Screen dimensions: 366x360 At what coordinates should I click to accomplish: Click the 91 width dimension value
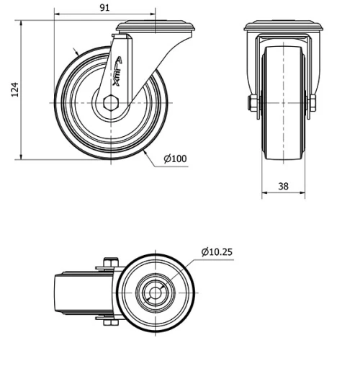[x=104, y=8]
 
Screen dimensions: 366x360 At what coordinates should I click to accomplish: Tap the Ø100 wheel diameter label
[x=175, y=159]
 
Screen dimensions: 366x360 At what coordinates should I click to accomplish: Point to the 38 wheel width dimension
[x=283, y=186]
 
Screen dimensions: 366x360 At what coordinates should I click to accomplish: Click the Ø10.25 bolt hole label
[x=217, y=251]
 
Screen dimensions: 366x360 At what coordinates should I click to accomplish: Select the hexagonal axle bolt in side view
[x=111, y=103]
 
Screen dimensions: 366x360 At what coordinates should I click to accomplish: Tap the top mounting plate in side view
[x=156, y=27]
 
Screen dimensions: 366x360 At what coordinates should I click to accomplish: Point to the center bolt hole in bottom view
[x=156, y=292]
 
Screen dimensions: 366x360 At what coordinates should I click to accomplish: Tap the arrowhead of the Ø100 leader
[x=145, y=153]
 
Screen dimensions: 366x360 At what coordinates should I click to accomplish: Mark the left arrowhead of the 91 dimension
[x=55, y=14]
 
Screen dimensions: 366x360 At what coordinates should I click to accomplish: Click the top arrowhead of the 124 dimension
[x=24, y=22]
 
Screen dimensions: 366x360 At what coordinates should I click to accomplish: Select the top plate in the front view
[x=283, y=28]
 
